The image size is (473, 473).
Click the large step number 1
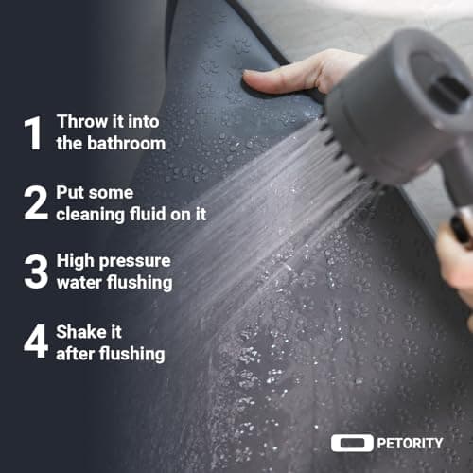point(33,133)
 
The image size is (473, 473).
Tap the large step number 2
point(36,202)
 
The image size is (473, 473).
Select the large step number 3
point(36,272)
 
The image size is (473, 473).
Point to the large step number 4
point(36,341)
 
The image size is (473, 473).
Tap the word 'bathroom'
point(126,143)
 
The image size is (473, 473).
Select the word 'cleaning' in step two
point(90,215)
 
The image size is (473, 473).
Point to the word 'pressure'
point(135,262)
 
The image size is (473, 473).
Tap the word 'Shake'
point(79,332)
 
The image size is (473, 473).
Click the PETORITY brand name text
point(410,444)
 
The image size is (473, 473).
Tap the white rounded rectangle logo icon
point(352,443)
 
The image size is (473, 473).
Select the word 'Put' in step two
point(69,192)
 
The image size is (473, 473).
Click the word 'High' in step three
point(75,262)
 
